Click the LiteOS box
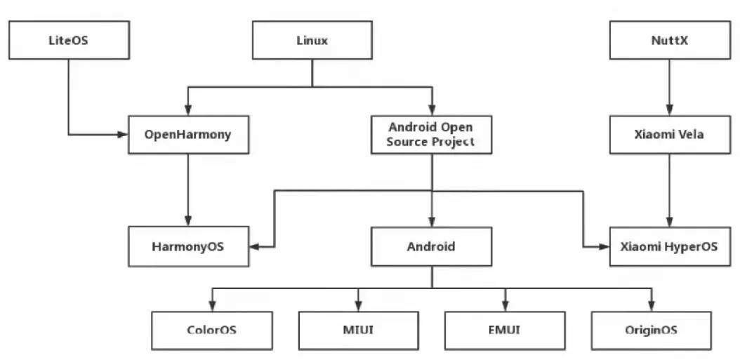pos(69,40)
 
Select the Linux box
pos(312,40)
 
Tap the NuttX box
pos(669,40)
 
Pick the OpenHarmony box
pos(189,134)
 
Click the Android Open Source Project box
pos(430,134)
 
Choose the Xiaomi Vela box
pos(669,134)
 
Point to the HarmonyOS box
pos(189,246)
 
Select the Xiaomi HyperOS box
pos(669,246)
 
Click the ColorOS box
pos(211,330)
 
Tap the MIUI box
pos(358,330)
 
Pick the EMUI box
pos(505,330)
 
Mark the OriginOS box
pos(652,330)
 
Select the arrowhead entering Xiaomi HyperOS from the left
pos(604,246)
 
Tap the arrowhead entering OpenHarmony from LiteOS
pos(124,134)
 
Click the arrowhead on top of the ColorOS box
pos(211,306)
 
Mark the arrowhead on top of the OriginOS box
pos(652,306)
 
